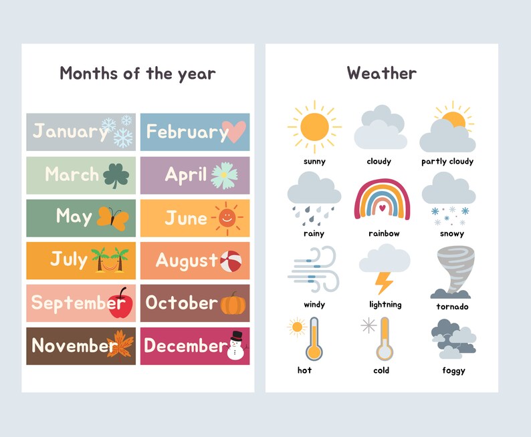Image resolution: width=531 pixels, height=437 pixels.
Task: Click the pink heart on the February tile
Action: click(233, 132)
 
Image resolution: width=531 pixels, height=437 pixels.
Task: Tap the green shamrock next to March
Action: click(116, 176)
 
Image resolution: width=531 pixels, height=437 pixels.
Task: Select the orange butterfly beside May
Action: click(112, 218)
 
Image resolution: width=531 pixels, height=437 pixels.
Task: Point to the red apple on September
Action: click(120, 303)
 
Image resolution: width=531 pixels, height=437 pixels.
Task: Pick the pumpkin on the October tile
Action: click(233, 303)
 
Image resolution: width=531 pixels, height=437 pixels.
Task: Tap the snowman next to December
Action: click(236, 345)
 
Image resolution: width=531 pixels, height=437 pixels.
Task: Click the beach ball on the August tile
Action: click(231, 261)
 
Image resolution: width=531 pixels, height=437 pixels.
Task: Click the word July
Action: click(69, 259)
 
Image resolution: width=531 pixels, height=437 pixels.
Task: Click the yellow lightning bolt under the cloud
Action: click(384, 282)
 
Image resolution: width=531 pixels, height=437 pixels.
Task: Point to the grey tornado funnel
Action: click(452, 271)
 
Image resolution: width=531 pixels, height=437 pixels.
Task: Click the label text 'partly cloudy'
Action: click(447, 162)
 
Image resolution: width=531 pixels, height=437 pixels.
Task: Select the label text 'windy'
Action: click(314, 305)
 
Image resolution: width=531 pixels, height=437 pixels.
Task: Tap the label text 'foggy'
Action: click(453, 370)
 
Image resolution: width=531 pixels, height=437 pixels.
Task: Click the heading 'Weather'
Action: click(381, 73)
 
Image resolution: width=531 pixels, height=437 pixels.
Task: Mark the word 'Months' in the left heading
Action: click(89, 73)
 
